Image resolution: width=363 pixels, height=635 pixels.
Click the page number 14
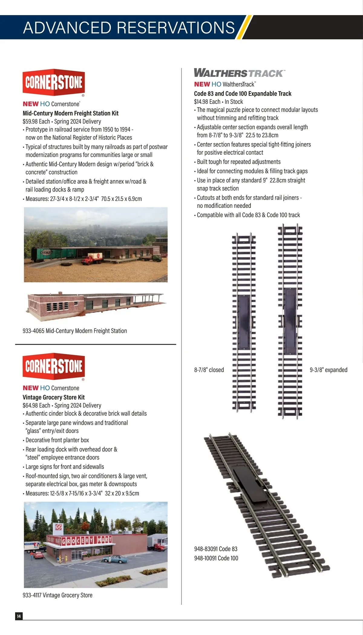click(19, 616)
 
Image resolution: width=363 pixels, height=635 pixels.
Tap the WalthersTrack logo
click(239, 73)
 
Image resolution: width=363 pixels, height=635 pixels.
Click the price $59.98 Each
click(36, 122)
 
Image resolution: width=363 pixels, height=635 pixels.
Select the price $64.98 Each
click(36, 405)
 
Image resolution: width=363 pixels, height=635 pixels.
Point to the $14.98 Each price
click(207, 102)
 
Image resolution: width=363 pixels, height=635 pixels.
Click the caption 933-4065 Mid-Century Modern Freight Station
click(75, 331)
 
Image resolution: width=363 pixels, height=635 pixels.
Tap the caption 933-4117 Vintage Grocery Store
click(57, 595)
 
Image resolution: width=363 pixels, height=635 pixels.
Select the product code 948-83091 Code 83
click(216, 549)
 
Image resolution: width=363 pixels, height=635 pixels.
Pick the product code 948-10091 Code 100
click(216, 558)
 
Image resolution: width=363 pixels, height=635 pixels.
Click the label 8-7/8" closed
click(209, 370)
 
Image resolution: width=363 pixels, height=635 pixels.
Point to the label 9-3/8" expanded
click(329, 370)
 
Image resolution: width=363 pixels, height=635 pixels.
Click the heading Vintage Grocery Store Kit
click(54, 397)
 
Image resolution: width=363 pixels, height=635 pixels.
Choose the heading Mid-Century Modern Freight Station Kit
click(70, 113)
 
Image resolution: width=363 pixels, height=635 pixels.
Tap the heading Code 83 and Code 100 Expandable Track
click(243, 94)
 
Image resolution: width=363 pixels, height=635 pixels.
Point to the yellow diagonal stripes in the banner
click(244, 28)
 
